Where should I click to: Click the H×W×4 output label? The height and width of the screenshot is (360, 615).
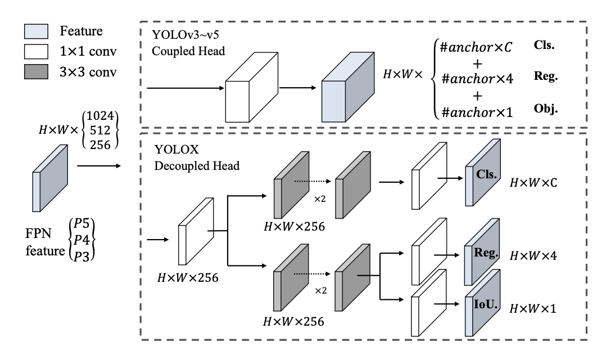(x=533, y=256)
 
